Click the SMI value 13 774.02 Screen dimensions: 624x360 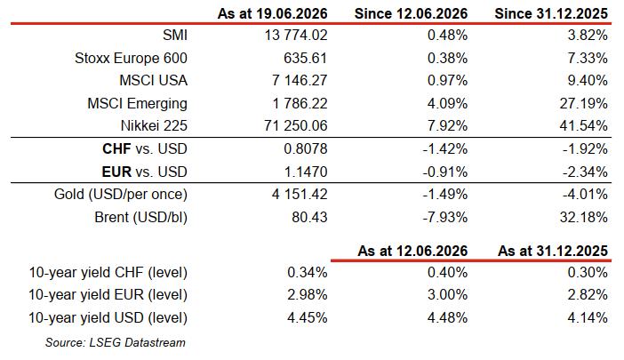click(296, 35)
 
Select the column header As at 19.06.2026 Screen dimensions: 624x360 click(272, 13)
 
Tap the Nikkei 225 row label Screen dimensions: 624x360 click(154, 125)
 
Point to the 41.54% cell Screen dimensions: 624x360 click(583, 125)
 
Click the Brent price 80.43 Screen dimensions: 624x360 click(309, 217)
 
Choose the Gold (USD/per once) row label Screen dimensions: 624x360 click(121, 194)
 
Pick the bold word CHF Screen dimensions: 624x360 click(116, 148)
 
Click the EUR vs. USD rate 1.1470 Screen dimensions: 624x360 click(305, 172)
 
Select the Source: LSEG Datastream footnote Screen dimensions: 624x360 click(115, 342)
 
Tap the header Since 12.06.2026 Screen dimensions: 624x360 click(411, 13)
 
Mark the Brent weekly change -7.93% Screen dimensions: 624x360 click(445, 217)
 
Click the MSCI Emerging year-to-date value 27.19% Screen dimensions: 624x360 click(583, 103)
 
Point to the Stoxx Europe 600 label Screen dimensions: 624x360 click(131, 58)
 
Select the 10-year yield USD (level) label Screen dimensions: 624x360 click(108, 318)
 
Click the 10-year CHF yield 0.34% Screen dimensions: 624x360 click(308, 273)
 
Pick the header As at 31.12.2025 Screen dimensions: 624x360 click(553, 251)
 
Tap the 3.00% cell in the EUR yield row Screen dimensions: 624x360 click(447, 295)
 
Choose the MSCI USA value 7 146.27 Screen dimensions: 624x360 click(300, 80)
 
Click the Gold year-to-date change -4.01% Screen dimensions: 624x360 click(585, 194)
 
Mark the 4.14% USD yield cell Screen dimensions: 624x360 click(588, 318)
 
